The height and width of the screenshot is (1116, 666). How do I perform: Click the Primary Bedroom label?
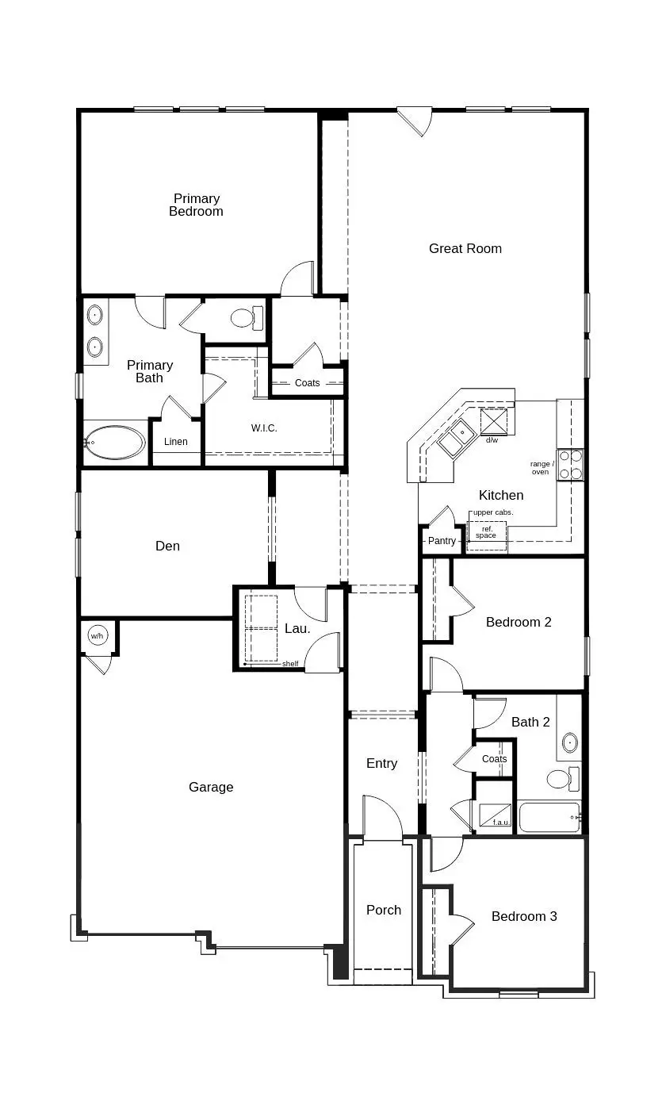click(x=196, y=205)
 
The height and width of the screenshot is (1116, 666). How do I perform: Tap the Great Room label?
click(x=465, y=248)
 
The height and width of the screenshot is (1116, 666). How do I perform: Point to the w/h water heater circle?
click(x=98, y=636)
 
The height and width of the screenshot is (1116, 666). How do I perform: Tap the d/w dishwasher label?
click(x=492, y=440)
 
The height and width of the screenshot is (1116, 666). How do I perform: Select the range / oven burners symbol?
click(x=570, y=465)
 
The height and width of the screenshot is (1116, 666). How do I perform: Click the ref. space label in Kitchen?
click(x=486, y=532)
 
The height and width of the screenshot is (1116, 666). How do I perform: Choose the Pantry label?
click(x=442, y=541)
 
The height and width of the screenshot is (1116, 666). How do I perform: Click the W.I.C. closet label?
click(x=264, y=428)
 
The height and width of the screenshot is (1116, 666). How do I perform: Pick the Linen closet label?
click(x=176, y=442)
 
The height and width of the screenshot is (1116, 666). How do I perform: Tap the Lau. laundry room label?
click(x=297, y=629)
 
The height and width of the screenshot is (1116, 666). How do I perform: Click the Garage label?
click(x=211, y=787)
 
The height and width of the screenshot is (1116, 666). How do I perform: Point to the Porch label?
click(x=384, y=910)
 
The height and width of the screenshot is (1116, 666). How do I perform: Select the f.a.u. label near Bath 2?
click(x=501, y=823)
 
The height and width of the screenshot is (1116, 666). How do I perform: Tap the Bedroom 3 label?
click(x=524, y=916)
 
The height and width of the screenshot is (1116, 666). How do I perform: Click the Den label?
click(x=167, y=546)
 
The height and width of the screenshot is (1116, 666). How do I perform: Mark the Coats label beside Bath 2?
click(x=494, y=759)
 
